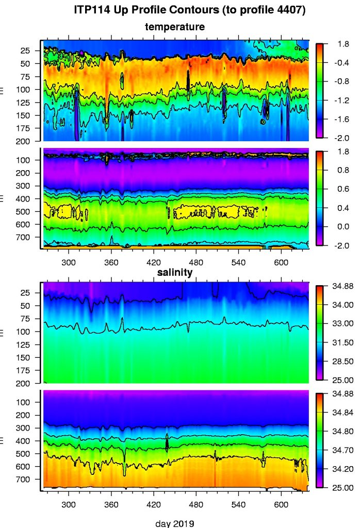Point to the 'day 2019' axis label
pyautogui.click(x=175, y=523)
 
